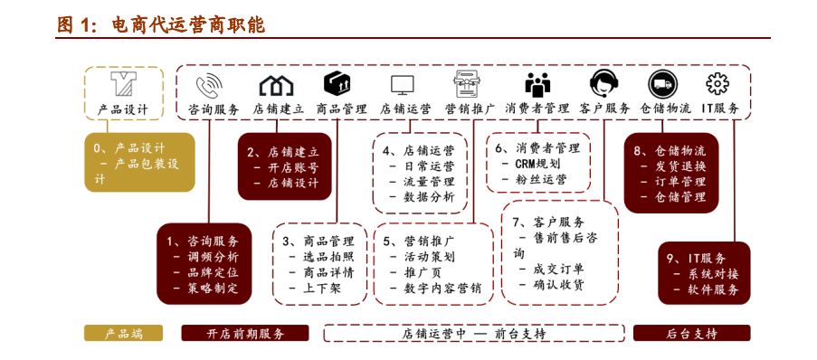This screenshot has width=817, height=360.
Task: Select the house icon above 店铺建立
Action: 277,85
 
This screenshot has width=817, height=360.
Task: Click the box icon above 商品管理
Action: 337,84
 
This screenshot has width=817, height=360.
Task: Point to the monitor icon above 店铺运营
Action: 403,85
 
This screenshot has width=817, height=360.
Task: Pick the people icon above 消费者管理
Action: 538,85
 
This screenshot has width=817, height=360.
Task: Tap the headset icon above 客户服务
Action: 603,84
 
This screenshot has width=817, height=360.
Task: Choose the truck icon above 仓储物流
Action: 663,84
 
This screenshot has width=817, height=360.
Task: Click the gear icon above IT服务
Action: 717,84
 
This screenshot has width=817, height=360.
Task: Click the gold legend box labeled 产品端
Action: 123,333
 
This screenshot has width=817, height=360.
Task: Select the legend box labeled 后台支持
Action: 691,333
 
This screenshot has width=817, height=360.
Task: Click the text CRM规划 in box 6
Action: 537,164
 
